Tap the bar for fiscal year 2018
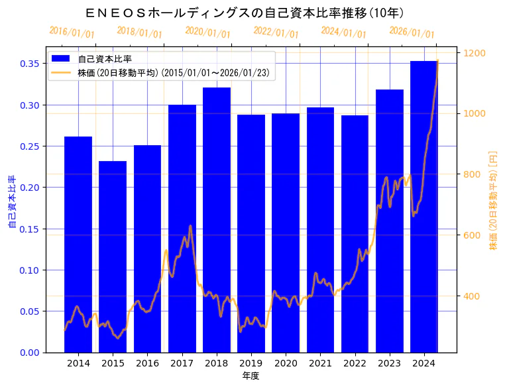[x=216, y=219]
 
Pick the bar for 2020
[x=286, y=233]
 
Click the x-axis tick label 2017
[x=182, y=363]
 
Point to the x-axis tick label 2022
[x=355, y=363]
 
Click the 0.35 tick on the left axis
[x=29, y=64]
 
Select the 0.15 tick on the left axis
[x=29, y=229]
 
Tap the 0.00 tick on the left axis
[x=29, y=353]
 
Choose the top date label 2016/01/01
[x=72, y=32]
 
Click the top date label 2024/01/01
[x=343, y=32]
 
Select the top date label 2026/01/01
[x=412, y=33]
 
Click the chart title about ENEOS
[x=245, y=13]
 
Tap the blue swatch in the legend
[x=60, y=59]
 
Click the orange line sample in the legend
[x=60, y=72]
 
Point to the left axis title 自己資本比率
[x=12, y=202]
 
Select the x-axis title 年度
[x=251, y=376]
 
